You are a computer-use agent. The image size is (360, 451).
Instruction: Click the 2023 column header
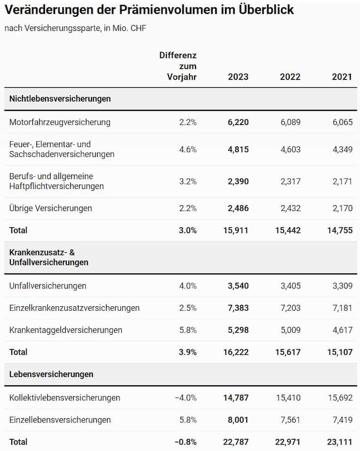coord(238,77)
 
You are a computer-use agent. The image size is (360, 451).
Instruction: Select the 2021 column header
coord(342,77)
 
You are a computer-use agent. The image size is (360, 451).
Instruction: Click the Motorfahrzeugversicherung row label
coord(60,122)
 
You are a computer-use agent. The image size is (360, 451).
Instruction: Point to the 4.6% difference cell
coord(188,149)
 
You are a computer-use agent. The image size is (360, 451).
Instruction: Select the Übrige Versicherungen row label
coord(51,208)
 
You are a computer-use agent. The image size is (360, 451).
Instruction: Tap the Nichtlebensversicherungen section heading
coord(60,99)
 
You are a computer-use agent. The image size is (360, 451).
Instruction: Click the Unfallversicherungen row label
coord(48,286)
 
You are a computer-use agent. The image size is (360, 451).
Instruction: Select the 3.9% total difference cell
coord(187,352)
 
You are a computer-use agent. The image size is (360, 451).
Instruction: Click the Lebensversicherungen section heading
coord(52,374)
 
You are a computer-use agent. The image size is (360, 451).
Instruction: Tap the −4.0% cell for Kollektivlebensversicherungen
coord(186,398)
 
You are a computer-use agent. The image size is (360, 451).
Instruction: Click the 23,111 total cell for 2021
coord(340,442)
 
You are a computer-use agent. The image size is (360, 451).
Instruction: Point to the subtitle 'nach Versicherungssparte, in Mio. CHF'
coord(75,28)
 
